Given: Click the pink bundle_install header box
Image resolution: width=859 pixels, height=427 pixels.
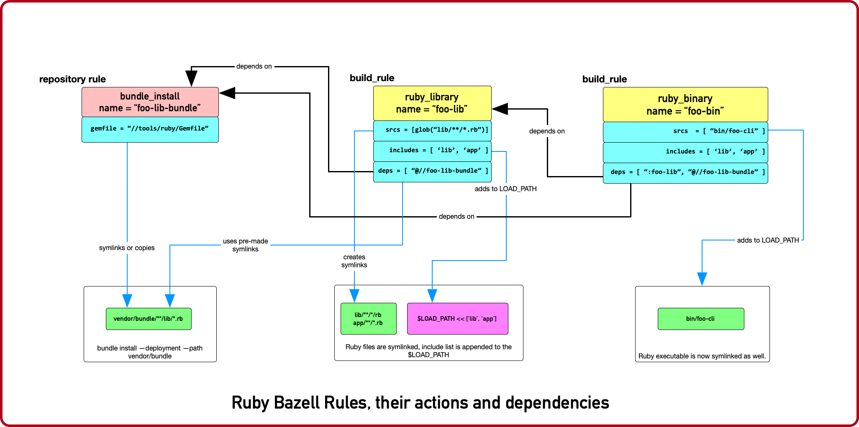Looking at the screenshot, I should click(x=150, y=102).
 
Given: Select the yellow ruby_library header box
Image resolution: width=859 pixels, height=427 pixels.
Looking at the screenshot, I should click(x=432, y=103).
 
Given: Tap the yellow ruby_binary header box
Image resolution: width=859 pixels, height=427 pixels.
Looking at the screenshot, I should click(x=685, y=105).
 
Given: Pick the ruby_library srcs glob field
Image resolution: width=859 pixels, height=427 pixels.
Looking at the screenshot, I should click(x=432, y=130).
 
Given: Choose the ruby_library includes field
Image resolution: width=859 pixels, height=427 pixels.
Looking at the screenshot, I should click(x=432, y=151).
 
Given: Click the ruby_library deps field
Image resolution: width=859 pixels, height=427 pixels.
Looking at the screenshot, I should click(x=432, y=171).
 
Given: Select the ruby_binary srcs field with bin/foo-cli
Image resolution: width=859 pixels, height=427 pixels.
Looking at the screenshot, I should click(x=685, y=131).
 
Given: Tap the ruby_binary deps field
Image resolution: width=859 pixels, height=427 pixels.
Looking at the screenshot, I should click(x=685, y=172).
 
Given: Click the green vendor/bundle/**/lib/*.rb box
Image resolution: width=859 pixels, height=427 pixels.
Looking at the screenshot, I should click(x=149, y=319).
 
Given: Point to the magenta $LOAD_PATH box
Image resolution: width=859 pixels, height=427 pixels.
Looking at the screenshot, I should click(x=457, y=319).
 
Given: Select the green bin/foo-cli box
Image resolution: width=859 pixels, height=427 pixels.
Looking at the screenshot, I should click(x=700, y=319).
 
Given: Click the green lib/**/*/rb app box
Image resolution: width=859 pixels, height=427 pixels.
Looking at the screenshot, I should click(x=368, y=319).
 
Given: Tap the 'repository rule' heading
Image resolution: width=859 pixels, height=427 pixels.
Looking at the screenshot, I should click(x=72, y=79).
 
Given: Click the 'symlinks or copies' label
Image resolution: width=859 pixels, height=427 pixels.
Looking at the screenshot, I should click(x=127, y=248).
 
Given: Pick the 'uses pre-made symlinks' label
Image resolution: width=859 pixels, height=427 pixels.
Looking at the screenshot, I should click(x=245, y=245).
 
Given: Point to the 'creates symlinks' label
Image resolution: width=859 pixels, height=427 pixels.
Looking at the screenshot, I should click(x=354, y=261).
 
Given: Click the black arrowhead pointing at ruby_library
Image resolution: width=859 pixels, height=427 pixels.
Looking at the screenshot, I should click(x=500, y=109).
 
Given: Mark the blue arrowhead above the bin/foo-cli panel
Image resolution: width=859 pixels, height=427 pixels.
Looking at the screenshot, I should click(x=702, y=279).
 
